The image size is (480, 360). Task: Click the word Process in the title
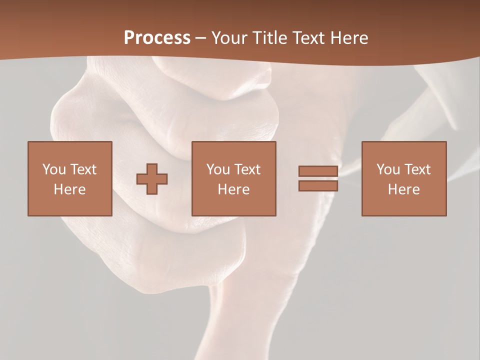point(157,38)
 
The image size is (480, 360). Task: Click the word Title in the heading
point(267,38)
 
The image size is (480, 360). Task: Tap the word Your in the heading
point(229,38)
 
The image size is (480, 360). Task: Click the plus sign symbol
point(152,179)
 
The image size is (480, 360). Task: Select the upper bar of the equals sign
point(318,171)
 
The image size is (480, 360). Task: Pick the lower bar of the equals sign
point(318,185)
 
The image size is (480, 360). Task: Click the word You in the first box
point(53,169)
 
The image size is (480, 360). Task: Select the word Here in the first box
point(70,189)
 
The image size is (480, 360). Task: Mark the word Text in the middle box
point(247,169)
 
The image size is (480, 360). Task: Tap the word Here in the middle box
point(234,189)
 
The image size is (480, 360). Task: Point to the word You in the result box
point(388,169)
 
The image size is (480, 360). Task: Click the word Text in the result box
point(417,169)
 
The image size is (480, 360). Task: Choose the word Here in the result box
point(404,189)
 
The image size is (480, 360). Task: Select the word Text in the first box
point(83,169)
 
